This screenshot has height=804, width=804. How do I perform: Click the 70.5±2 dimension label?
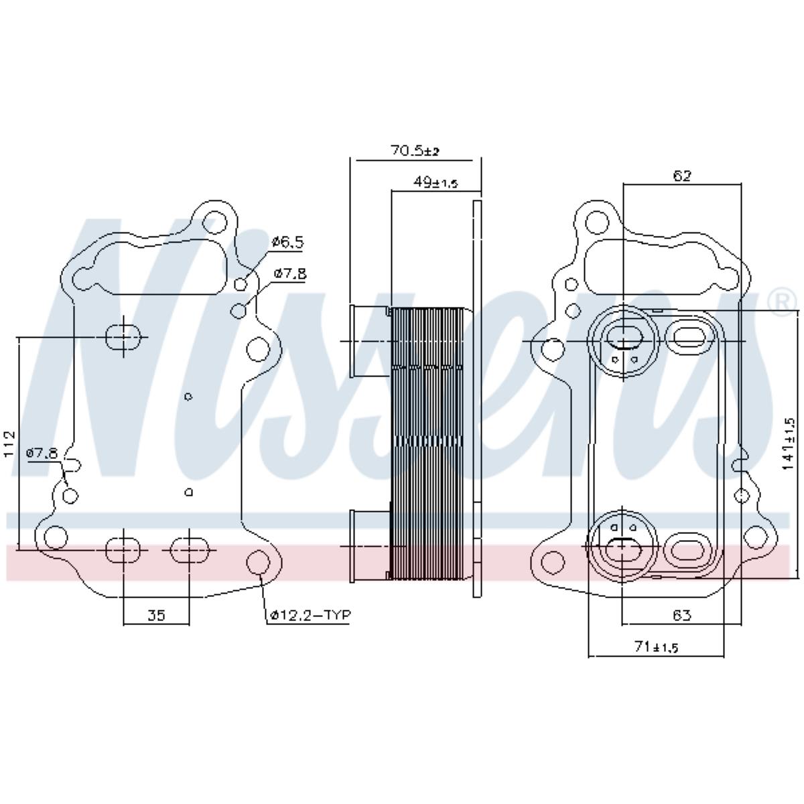pyautogui.click(x=414, y=151)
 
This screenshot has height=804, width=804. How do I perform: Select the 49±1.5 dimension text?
pyautogui.click(x=435, y=182)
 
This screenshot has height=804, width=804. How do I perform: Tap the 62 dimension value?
pyautogui.click(x=681, y=176)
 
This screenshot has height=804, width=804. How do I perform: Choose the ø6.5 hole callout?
pyautogui.click(x=287, y=243)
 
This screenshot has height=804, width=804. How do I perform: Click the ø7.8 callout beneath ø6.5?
pyautogui.click(x=290, y=273)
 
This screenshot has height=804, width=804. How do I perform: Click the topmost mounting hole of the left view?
pyautogui.click(x=215, y=221)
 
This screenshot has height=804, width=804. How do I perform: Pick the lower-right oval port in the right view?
pyautogui.click(x=684, y=548)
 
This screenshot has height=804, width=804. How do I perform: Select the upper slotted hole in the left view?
pyautogui.click(x=123, y=337)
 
